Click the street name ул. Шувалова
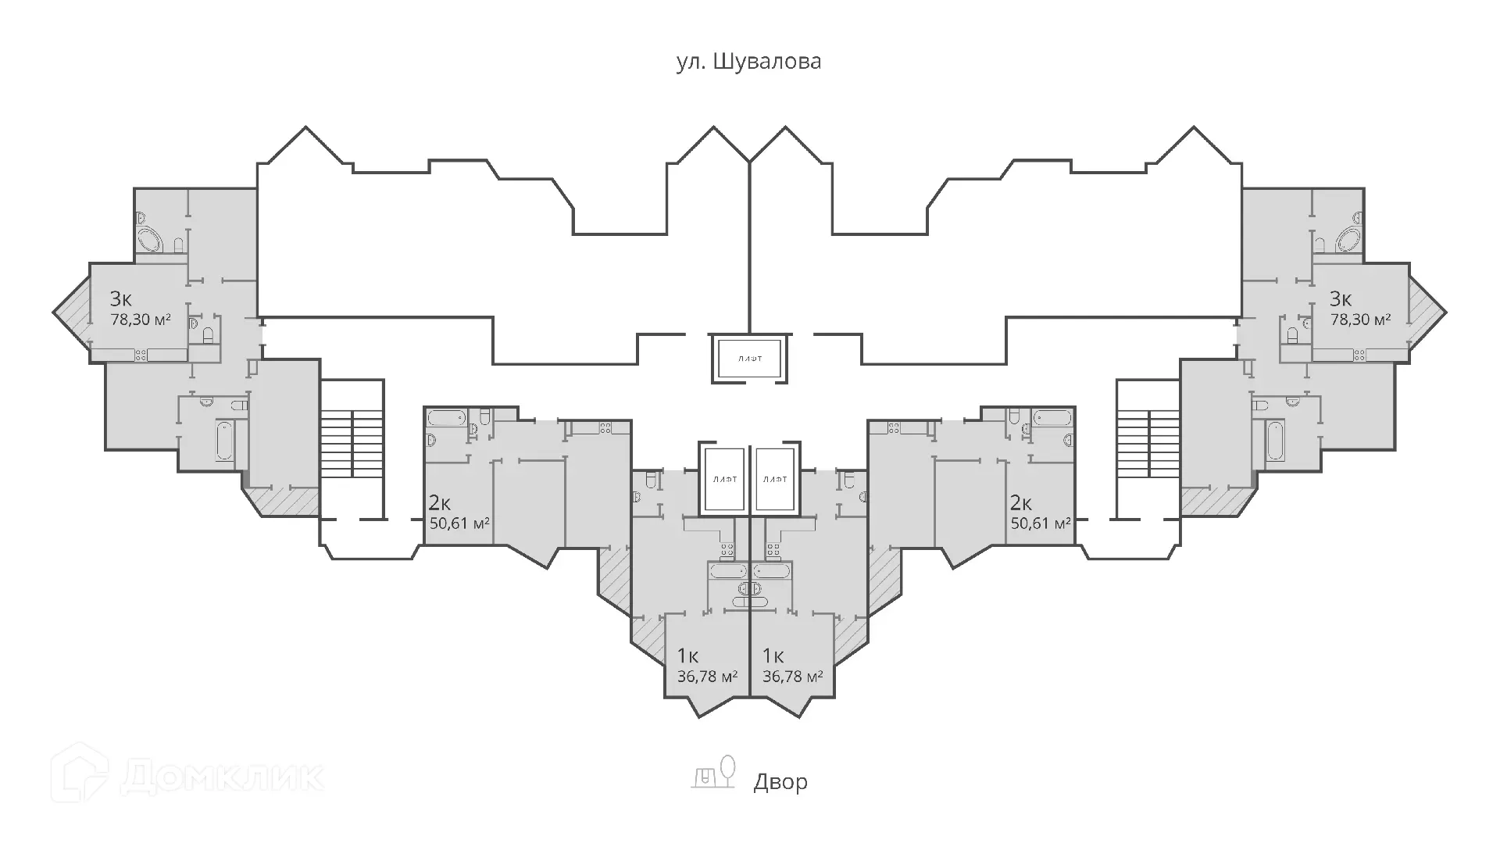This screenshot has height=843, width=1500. coord(748,62)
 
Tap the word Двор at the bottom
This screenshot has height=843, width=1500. coord(780,782)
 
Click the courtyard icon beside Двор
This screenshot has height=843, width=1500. coord(715,772)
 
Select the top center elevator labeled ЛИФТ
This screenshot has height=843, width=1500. coord(749,359)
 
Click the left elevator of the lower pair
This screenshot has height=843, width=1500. coord(723,480)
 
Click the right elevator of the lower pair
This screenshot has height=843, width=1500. coord(775,480)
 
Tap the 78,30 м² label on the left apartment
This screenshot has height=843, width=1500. coord(141,320)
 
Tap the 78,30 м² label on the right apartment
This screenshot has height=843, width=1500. coord(1360,320)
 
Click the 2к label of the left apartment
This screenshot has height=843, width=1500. coord(440,502)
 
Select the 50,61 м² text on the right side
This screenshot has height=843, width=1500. coord(1040,523)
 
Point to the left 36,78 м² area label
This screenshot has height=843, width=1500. coord(707,676)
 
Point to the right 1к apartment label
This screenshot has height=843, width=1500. coord(773,655)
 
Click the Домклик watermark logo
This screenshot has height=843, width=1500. coord(187,776)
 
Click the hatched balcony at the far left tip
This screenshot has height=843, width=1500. coord(73,313)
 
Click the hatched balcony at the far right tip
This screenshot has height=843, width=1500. coord(1427,313)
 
